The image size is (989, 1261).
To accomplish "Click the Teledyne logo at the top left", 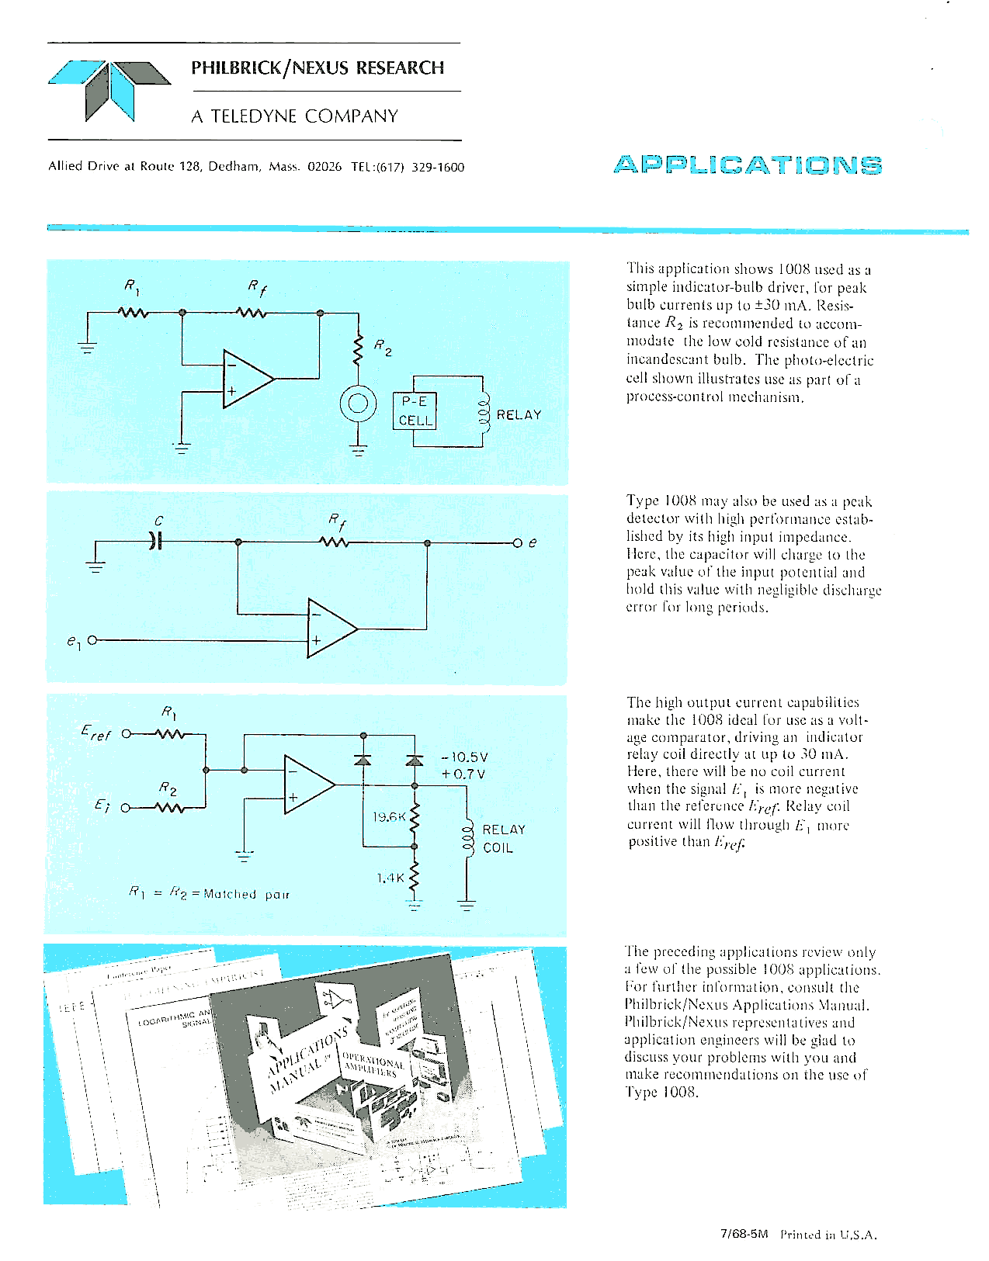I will point(109,91).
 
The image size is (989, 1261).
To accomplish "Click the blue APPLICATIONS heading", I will point(747,165).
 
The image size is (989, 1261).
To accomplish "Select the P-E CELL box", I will point(415,411).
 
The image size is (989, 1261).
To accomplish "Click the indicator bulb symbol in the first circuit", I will point(358,403).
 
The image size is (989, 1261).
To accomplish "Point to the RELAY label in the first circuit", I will point(519,414).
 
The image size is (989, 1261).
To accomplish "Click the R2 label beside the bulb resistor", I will point(383,348).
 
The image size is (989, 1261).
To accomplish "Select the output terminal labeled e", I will point(519,542).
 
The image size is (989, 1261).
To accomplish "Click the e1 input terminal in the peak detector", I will point(92,641).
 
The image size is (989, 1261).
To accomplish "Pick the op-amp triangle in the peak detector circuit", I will point(331,629).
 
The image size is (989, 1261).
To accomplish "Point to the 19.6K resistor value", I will point(389,816).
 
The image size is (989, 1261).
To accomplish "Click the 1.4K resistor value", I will point(390,878).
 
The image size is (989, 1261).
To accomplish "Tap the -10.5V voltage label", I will point(463,757).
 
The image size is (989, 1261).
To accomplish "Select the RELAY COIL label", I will point(503,839).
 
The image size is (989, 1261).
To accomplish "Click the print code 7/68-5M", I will point(744,1234).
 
